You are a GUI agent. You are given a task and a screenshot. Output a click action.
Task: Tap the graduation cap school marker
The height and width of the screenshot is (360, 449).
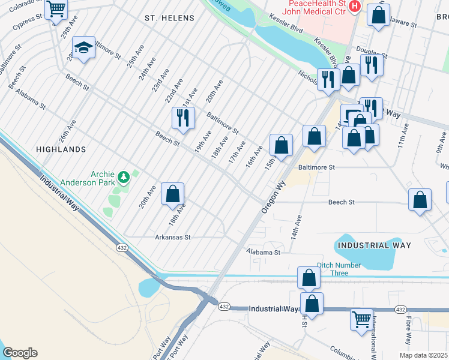(x=84, y=47)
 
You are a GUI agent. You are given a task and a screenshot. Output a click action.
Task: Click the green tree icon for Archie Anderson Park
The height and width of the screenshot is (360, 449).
(x=124, y=176)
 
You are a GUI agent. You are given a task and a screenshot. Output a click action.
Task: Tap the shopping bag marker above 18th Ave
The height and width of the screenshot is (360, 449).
(x=172, y=193)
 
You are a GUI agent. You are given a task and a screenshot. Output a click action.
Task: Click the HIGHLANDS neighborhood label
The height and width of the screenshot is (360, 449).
(x=61, y=149)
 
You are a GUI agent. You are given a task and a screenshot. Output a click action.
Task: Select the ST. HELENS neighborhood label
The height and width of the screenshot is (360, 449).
(x=169, y=19)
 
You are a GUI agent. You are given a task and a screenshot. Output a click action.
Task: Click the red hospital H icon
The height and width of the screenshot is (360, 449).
(x=355, y=6)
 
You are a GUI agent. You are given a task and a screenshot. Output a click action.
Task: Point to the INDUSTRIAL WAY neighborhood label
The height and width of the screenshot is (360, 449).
(x=374, y=245)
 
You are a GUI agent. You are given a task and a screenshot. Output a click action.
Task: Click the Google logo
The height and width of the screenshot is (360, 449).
(x=20, y=353)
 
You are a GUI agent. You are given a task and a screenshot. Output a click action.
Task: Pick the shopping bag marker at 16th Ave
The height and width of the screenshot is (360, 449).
(x=281, y=145)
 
